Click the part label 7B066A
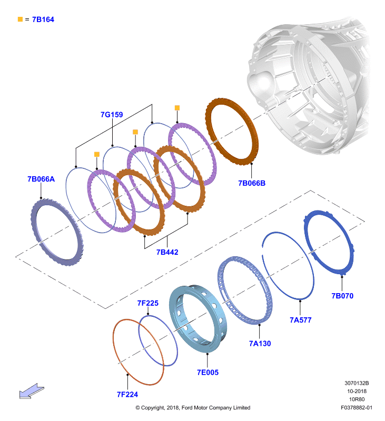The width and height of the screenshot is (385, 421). tap(41, 179)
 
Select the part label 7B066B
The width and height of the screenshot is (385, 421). tap(252, 183)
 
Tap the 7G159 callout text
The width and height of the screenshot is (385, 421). tap(112, 115)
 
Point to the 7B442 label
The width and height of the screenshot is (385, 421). tap(167, 252)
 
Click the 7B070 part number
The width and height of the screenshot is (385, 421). tap(342, 296)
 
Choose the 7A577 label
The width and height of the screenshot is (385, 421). tap(300, 320)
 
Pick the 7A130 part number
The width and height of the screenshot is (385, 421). tap(260, 344)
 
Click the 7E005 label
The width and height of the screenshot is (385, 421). tap(208, 373)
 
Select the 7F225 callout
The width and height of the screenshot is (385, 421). tap(148, 303)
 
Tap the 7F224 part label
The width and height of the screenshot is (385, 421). tap(127, 394)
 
